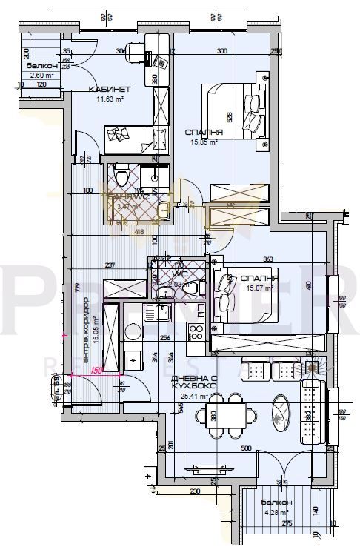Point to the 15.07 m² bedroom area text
point(259,289)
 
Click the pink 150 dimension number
point(96,372)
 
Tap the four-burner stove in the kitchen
point(197,333)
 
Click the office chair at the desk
point(134,52)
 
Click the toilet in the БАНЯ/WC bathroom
point(121,176)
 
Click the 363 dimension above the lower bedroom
point(269,259)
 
